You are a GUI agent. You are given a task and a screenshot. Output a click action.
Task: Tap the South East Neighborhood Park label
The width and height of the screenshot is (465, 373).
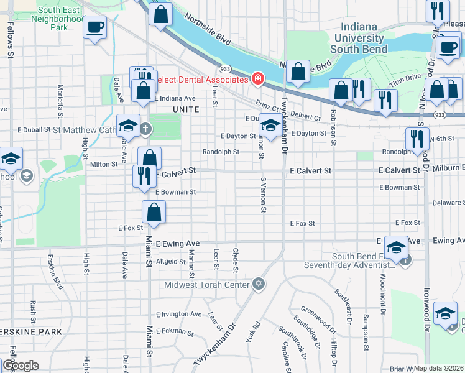pos(60,19)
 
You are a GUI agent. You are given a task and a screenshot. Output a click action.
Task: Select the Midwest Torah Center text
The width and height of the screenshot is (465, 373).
pos(206,285)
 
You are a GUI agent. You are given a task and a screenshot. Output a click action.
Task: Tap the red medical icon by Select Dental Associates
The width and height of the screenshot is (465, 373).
pos(257,79)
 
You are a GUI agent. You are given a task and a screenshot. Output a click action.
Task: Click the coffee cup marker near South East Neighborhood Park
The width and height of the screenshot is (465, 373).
pos(94,27)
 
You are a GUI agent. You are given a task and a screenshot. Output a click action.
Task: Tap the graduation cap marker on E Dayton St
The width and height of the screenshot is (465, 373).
pos(270,126)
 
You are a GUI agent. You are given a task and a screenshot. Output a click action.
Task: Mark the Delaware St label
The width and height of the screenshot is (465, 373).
pos(448,203)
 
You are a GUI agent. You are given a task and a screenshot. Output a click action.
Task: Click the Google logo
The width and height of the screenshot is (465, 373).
pos(21,366)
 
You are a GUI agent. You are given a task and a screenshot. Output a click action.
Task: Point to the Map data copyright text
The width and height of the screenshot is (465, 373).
pos(439,368)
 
